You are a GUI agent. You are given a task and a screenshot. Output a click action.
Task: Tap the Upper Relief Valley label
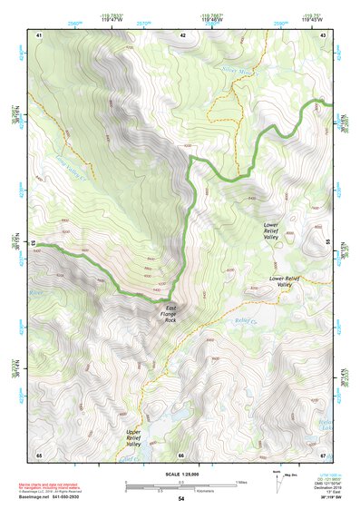133,438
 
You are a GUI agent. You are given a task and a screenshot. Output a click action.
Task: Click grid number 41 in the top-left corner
39,34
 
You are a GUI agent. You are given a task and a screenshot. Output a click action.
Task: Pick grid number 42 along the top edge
182,34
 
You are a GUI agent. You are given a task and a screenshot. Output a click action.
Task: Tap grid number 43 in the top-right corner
324,34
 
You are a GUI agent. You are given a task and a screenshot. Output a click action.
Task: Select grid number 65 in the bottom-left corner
39,454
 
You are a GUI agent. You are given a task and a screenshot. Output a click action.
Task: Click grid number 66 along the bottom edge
182,454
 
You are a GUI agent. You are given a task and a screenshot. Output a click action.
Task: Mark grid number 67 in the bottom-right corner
324,454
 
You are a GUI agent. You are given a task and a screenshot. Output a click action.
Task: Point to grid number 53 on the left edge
34,242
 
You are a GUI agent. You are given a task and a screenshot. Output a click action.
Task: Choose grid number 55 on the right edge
328,242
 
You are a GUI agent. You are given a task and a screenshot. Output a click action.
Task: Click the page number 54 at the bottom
180,499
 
